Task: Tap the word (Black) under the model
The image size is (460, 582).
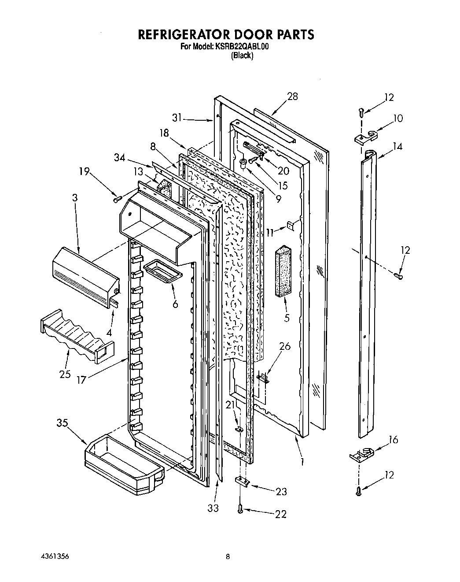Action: tap(242, 56)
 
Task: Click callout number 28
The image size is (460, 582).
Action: tap(292, 96)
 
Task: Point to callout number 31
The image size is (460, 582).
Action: tap(177, 118)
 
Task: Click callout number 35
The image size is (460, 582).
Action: tap(62, 423)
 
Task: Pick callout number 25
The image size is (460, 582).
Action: tap(65, 375)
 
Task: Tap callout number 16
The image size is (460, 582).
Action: tap(393, 440)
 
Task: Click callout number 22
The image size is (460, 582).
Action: tap(280, 514)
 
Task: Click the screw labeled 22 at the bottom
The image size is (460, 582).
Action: tap(240, 509)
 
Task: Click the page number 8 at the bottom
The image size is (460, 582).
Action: tap(228, 556)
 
